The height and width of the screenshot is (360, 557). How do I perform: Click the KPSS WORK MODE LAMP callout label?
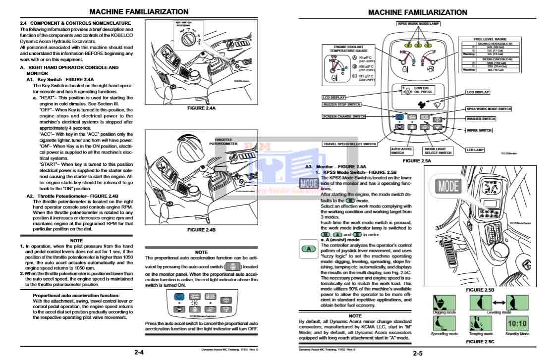418,23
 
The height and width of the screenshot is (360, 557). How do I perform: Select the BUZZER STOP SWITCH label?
342,104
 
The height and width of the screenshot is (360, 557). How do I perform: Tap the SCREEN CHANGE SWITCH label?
344,116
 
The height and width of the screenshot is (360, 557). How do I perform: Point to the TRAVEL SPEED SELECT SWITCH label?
350,144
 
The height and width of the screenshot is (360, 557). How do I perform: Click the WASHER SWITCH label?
481,119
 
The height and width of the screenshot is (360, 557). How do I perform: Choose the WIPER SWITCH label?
479,130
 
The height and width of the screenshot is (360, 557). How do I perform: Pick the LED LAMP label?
475,150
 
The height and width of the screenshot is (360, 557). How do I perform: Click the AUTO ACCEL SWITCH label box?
401,151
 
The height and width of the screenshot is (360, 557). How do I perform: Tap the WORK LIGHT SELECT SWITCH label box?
438,151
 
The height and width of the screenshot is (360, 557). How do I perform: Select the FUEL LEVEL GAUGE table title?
490,39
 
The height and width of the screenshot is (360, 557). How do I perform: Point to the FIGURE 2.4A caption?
201,107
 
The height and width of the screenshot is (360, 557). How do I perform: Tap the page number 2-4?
139,352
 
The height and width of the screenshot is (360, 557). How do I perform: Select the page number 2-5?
417,353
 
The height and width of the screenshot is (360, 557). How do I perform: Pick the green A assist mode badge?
308,248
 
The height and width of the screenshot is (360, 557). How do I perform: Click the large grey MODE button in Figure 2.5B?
448,186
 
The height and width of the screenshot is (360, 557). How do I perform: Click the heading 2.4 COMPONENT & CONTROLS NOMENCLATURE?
75,23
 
